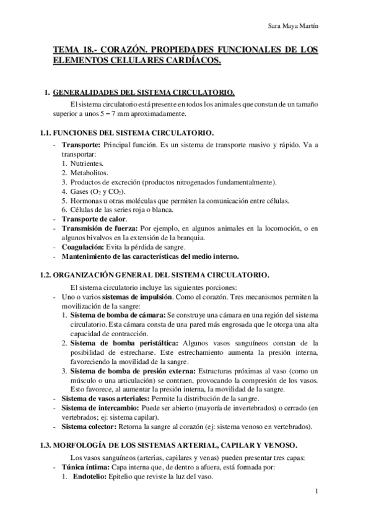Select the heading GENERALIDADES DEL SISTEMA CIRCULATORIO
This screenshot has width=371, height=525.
pyautogui.click(x=144, y=92)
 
